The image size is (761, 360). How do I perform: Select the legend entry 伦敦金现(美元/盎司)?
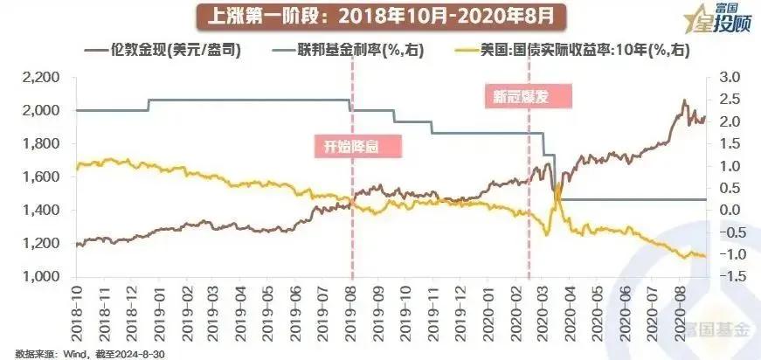tap(170, 51)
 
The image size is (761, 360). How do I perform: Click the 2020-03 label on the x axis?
tap(543, 310)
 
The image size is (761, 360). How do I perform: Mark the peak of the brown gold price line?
tap(684, 101)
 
